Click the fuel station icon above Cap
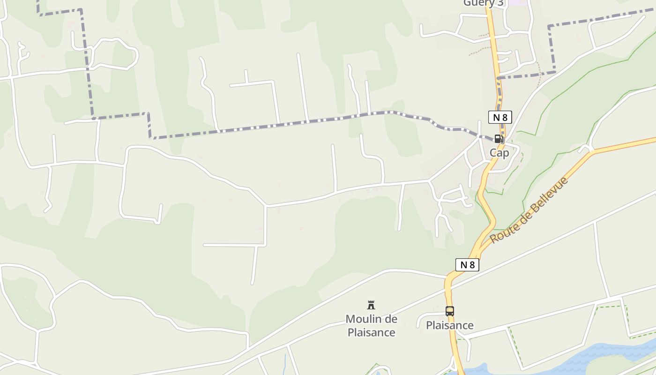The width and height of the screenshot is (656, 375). [498, 139]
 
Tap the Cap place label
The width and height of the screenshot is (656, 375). [499, 153]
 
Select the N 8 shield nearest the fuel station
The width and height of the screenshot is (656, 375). [500, 117]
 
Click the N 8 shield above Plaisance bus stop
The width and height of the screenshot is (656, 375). [467, 265]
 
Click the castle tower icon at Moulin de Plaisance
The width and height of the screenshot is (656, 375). [371, 306]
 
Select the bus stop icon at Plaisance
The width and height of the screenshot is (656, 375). [449, 311]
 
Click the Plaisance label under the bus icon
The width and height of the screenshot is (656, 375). [449, 325]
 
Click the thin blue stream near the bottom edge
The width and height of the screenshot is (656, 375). [285, 362]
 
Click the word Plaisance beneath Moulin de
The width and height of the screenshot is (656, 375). [371, 333]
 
